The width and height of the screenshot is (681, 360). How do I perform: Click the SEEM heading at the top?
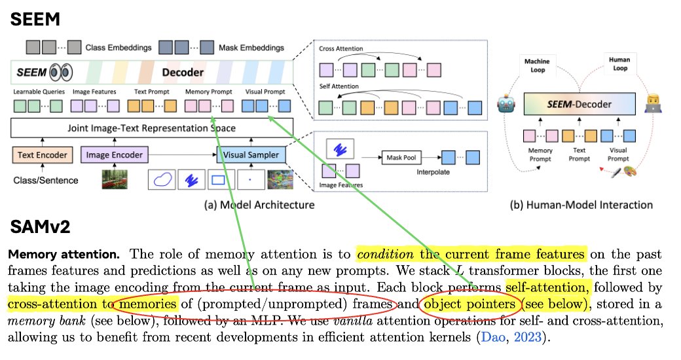pyautogui.click(x=36, y=19)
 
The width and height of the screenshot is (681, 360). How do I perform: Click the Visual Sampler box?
pyautogui.click(x=249, y=155)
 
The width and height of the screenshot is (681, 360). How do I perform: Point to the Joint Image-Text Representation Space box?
pyautogui.click(x=152, y=128)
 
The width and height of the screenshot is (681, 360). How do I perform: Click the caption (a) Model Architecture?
pyautogui.click(x=259, y=205)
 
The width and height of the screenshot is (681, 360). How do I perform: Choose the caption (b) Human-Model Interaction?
pyautogui.click(x=581, y=205)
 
